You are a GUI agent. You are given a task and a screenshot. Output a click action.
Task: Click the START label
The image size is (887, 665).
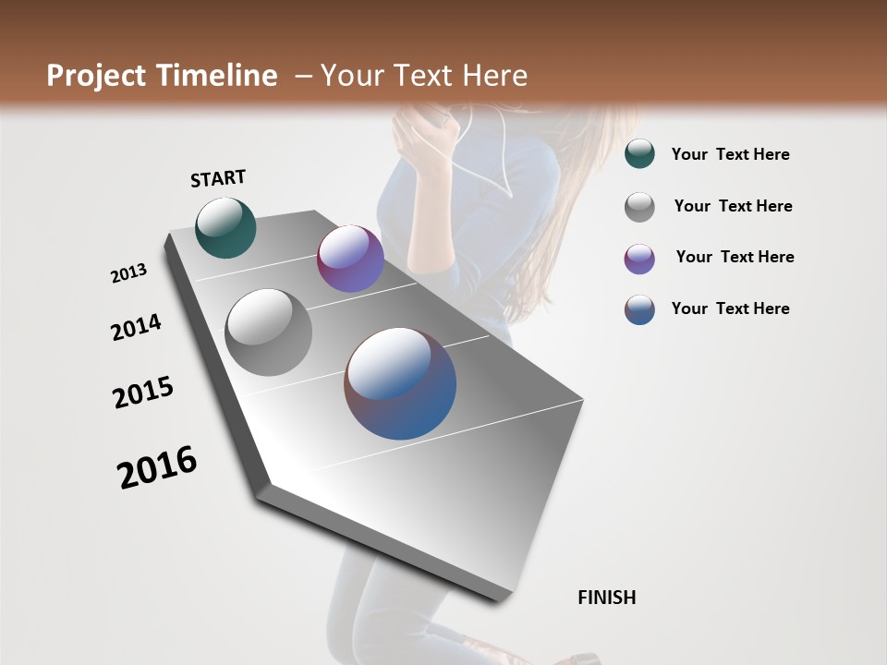(x=218, y=178)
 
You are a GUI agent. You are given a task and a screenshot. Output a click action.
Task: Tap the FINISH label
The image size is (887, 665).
(x=606, y=598)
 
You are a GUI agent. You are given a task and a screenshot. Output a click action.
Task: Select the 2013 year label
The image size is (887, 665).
(x=129, y=273)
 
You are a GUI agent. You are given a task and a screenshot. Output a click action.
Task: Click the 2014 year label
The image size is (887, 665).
(x=136, y=327)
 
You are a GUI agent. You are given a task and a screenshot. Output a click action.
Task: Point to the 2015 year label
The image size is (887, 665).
(x=143, y=393)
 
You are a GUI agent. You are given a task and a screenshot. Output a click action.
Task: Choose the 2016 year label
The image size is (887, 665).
(x=157, y=466)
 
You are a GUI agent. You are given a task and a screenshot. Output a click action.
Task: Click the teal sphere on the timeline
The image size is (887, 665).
(x=225, y=227)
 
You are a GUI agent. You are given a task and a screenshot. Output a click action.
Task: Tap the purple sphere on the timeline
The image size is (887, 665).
(x=350, y=259)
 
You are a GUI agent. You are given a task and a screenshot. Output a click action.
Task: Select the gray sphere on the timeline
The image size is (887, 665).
(x=269, y=332)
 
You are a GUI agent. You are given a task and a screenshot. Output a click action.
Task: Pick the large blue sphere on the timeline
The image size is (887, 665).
(x=400, y=383)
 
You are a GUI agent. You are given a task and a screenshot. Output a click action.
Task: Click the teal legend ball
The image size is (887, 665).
(x=639, y=154)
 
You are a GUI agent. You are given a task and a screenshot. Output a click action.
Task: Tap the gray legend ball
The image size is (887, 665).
(x=639, y=207)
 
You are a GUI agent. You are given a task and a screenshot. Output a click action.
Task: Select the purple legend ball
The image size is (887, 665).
(x=639, y=259)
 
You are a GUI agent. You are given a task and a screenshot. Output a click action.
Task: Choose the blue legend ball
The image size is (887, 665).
(x=639, y=309)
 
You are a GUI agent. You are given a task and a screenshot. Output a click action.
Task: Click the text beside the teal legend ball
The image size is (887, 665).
(x=730, y=155)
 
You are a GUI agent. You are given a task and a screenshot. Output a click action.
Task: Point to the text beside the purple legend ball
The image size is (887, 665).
(x=735, y=257)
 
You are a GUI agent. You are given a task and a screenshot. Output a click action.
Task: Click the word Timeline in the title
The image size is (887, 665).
(x=222, y=76)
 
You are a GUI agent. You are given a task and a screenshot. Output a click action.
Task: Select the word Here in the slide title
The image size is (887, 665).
(x=494, y=76)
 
